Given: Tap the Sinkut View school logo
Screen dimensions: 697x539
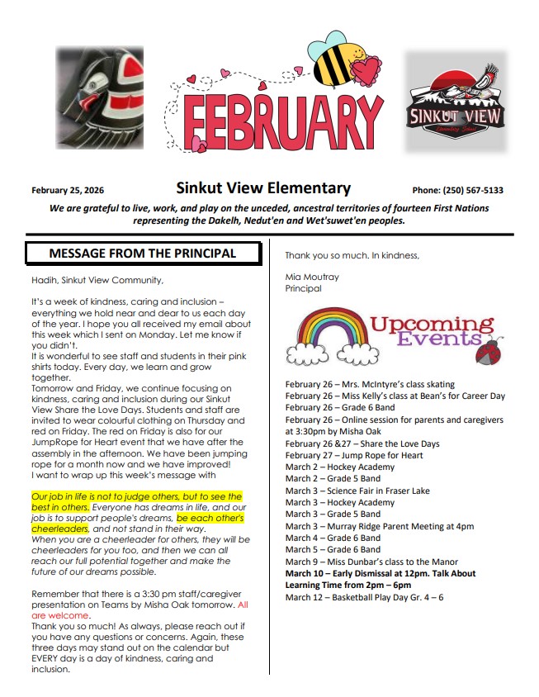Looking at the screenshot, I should pyautogui.click(x=455, y=101).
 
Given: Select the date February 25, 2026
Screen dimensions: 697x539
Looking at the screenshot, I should pyautogui.click(x=68, y=190).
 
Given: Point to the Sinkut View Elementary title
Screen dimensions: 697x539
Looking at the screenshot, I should pyautogui.click(x=263, y=188).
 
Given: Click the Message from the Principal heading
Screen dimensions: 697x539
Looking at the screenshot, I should pyautogui.click(x=143, y=253).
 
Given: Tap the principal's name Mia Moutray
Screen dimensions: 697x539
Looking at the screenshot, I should pyautogui.click(x=312, y=277).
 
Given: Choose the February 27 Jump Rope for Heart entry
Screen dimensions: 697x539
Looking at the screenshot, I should pyautogui.click(x=354, y=455).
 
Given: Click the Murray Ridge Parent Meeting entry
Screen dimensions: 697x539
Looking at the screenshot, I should pyautogui.click(x=380, y=526).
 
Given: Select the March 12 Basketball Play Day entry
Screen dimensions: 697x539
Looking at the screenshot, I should pyautogui.click(x=364, y=597).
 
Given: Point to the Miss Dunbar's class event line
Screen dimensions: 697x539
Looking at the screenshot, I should pyautogui.click(x=371, y=562).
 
